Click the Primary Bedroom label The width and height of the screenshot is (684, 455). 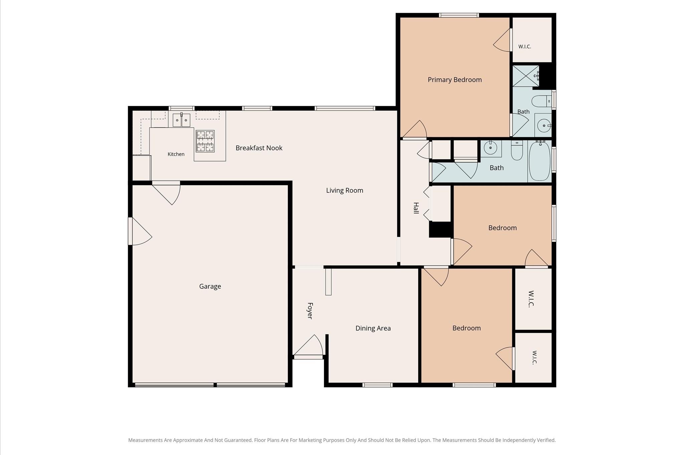455,80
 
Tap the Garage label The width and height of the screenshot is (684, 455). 210,286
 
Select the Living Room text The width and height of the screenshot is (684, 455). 345,190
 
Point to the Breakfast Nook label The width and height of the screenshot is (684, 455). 259,148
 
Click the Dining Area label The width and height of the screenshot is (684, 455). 373,328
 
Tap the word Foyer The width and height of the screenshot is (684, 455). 310,311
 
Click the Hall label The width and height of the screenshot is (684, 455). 416,208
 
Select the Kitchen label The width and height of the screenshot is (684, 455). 176,154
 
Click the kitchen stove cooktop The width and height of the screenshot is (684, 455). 205,141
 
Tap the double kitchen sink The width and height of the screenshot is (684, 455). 181,120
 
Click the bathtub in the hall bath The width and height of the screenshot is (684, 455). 539,161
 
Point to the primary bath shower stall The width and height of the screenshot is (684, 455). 526,76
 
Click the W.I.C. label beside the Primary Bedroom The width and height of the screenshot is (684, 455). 525,47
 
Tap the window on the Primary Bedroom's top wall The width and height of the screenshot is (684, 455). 459,15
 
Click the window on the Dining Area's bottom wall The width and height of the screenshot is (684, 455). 377,385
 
